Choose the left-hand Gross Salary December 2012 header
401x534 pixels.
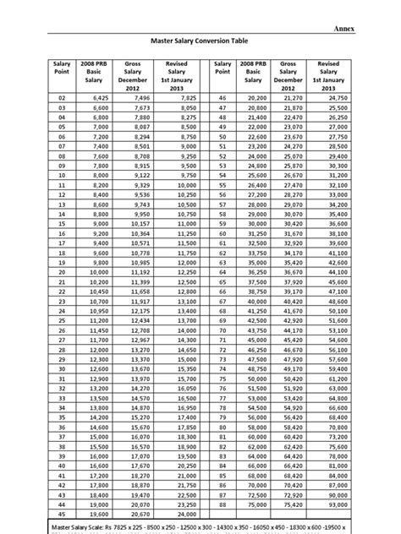[x=138, y=76]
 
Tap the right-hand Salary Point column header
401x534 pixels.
[x=222, y=68]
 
